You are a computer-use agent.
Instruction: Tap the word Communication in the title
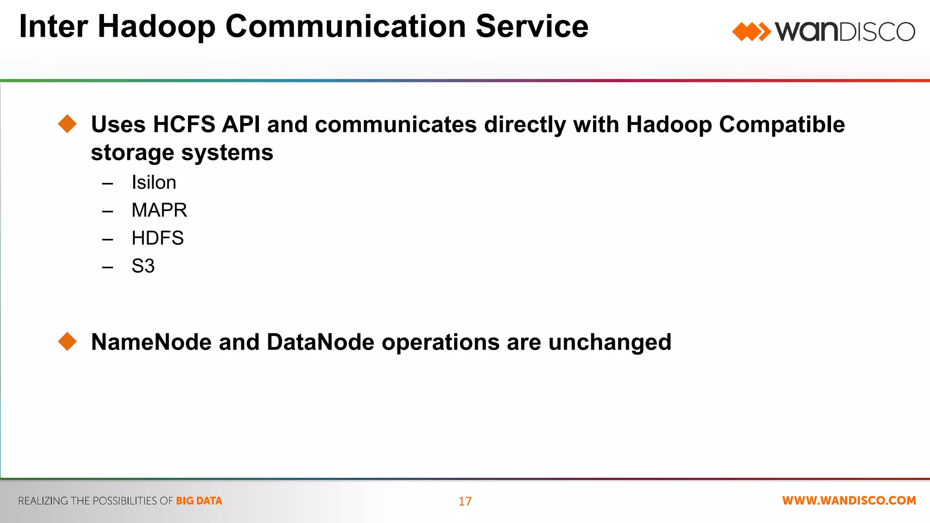[x=346, y=26]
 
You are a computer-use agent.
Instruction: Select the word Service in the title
[x=532, y=26]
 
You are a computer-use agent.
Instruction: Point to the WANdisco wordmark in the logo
[x=845, y=32]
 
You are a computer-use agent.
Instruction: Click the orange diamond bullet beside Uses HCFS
[x=68, y=124]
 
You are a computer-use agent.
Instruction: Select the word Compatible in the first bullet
[x=782, y=124]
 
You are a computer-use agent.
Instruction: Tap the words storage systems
[x=182, y=153]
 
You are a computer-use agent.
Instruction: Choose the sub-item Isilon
[x=153, y=183]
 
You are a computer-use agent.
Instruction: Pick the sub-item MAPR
[x=159, y=210]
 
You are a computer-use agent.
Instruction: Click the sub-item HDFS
[x=157, y=238]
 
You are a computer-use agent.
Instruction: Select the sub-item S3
[x=143, y=266]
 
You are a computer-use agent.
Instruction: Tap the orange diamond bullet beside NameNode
[x=68, y=341]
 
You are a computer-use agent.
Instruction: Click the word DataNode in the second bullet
[x=320, y=342]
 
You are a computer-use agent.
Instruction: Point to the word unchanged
[x=609, y=342]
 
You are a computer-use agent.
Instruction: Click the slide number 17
[x=465, y=501]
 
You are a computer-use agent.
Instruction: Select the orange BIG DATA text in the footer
[x=199, y=501]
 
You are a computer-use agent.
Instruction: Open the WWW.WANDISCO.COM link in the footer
[x=849, y=500]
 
